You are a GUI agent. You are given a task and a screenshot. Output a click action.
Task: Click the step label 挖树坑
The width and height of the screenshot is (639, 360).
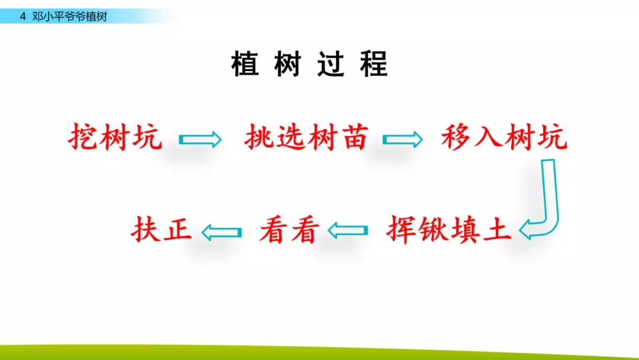click(115, 137)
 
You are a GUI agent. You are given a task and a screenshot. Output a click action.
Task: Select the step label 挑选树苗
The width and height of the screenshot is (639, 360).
click(306, 137)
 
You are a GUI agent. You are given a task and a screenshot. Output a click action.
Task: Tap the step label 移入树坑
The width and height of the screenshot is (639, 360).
click(504, 137)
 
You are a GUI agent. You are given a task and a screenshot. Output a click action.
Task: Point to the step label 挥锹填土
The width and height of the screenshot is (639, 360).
click(448, 230)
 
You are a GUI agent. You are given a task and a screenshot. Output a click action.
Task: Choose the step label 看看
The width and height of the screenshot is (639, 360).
click(289, 230)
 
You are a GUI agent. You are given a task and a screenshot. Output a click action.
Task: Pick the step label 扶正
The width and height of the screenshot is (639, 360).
click(162, 229)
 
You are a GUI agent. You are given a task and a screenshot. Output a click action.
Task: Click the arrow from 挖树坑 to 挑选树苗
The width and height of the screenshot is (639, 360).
click(200, 139)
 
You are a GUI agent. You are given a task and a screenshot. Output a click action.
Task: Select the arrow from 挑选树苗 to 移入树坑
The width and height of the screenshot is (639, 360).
click(403, 139)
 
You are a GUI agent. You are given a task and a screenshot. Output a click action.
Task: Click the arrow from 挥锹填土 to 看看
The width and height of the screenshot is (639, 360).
click(348, 231)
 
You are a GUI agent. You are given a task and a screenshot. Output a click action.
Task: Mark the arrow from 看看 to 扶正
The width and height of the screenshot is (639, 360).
click(222, 232)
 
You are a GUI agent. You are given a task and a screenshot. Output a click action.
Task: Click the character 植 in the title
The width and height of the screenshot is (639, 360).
click(245, 64)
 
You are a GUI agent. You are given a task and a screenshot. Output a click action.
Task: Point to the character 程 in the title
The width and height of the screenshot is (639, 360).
click(374, 64)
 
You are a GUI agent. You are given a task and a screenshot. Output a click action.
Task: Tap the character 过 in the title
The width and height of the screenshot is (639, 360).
click(331, 64)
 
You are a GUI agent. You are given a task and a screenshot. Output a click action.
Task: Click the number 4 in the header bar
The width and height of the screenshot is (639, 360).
click(23, 17)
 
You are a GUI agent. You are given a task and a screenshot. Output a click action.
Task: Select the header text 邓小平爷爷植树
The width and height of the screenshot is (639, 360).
click(70, 17)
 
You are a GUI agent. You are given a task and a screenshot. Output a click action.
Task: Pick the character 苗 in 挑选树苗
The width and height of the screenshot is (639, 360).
click(354, 137)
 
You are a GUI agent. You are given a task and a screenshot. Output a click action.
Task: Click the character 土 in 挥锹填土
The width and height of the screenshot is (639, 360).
click(497, 230)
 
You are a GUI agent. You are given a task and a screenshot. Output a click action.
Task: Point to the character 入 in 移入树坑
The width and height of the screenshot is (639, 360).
click(488, 137)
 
